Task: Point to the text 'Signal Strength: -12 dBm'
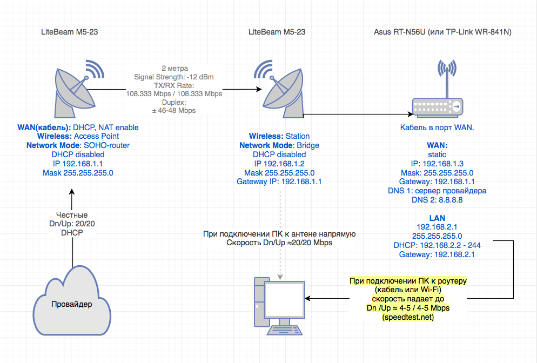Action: pos(174,77)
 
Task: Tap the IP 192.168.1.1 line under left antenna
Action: pos(78,164)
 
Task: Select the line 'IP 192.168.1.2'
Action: pos(279,164)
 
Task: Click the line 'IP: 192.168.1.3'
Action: pos(437,164)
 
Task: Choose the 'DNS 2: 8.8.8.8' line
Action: pos(437,200)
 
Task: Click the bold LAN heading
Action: pos(437,218)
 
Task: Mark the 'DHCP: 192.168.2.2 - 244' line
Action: pos(437,245)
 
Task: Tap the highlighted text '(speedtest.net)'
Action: pos(408,317)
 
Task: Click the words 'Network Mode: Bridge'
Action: pos(279,146)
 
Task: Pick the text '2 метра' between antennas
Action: pos(174,68)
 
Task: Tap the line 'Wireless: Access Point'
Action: pos(78,137)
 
